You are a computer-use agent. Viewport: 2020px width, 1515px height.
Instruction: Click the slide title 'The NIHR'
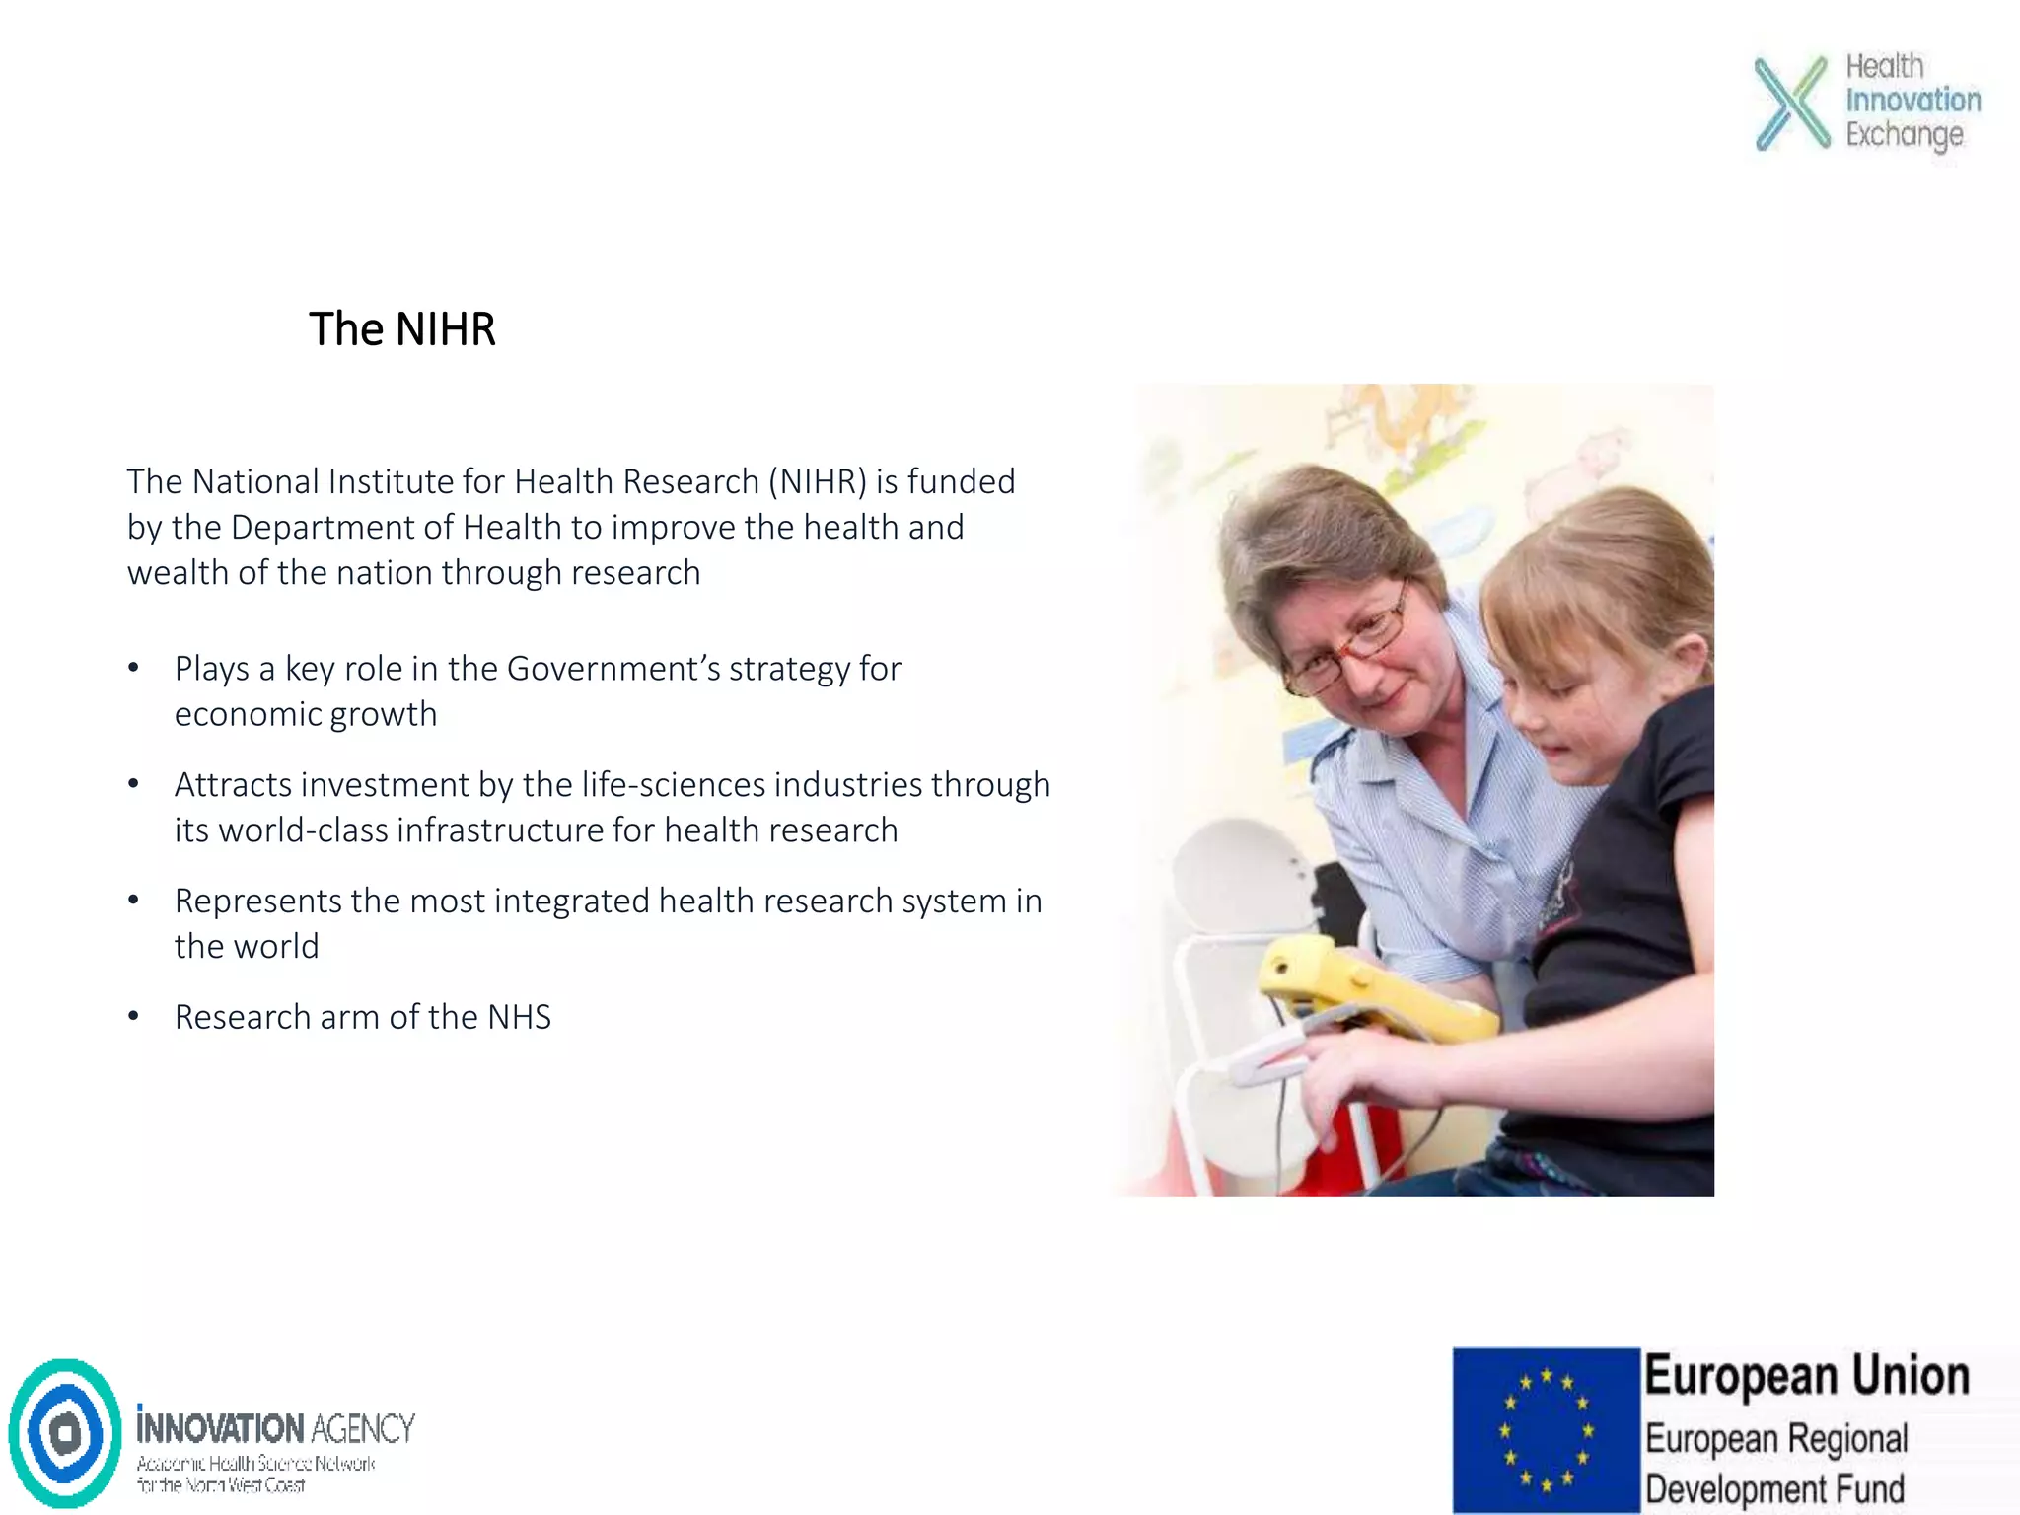point(401,329)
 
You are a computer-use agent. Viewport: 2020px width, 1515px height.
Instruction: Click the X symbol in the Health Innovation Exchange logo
point(1791,103)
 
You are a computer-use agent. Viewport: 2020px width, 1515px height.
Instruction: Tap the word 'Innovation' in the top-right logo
point(1912,100)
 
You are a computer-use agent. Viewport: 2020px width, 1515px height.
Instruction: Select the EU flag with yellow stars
point(1546,1429)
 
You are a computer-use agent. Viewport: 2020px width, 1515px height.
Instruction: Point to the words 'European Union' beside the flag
point(1806,1376)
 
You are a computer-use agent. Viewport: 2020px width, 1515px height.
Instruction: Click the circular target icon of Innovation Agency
point(65,1432)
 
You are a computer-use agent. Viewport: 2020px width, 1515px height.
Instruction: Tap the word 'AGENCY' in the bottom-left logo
point(363,1428)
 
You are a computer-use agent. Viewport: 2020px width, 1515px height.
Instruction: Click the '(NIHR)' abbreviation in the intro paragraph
point(818,481)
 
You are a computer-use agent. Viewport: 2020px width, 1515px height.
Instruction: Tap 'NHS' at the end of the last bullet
point(519,1017)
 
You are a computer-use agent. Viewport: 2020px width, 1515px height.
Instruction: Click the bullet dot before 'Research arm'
point(133,1017)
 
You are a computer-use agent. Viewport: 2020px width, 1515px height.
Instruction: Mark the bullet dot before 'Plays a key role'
point(133,669)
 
